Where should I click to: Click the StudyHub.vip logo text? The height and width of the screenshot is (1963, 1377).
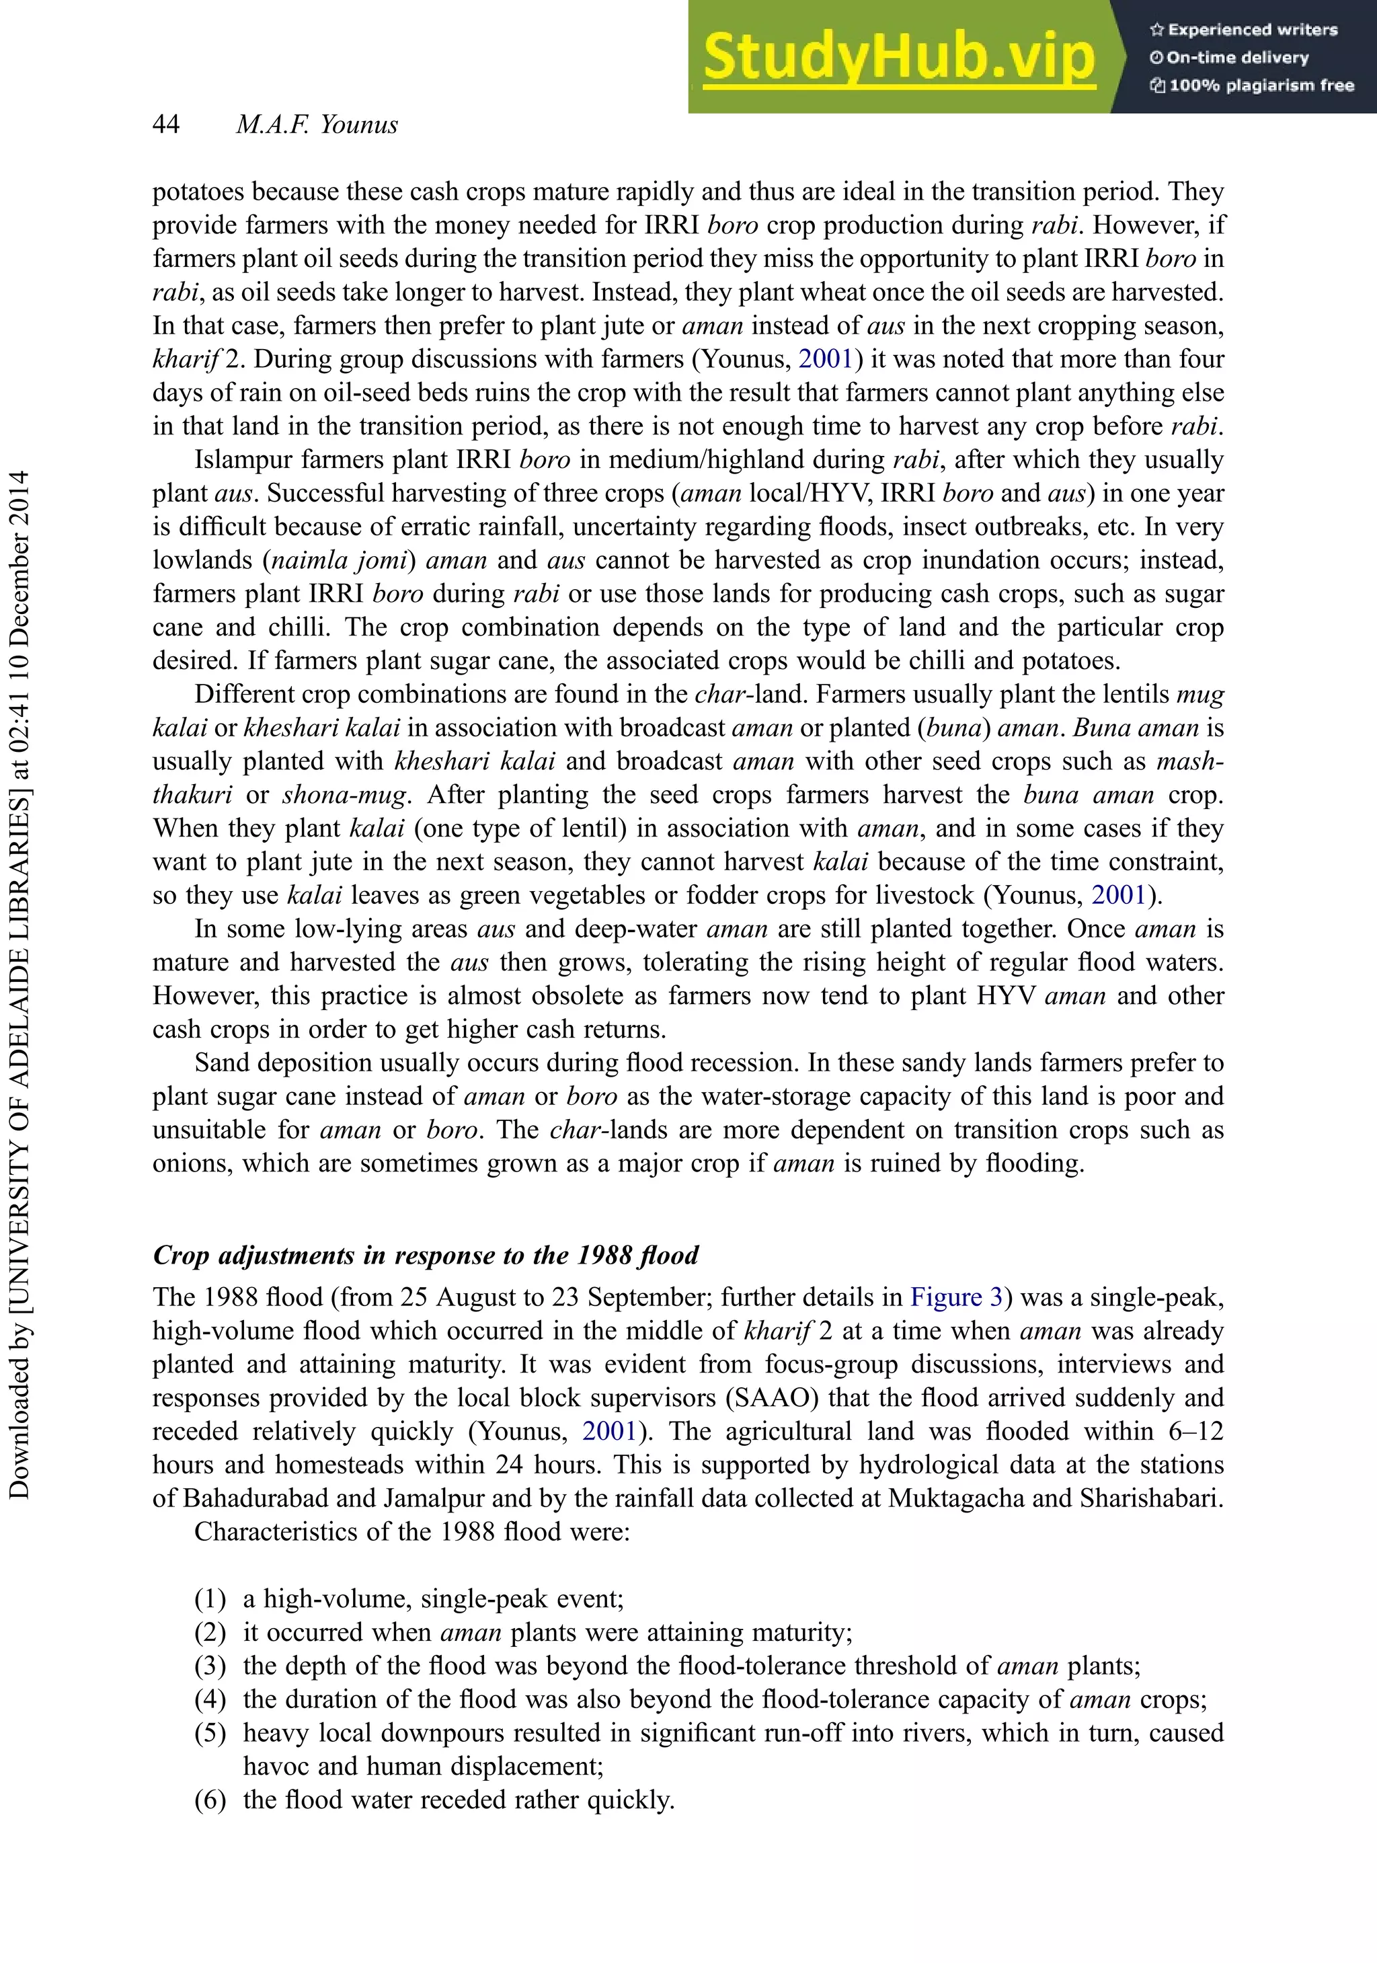[898, 56]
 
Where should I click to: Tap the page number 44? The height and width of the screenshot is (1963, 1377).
[166, 125]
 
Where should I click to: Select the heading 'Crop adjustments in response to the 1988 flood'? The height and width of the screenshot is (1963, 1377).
[426, 1255]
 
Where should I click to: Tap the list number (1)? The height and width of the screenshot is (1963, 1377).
[210, 1599]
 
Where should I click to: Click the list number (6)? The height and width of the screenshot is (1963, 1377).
[210, 1800]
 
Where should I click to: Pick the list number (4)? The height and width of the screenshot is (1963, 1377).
[210, 1699]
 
